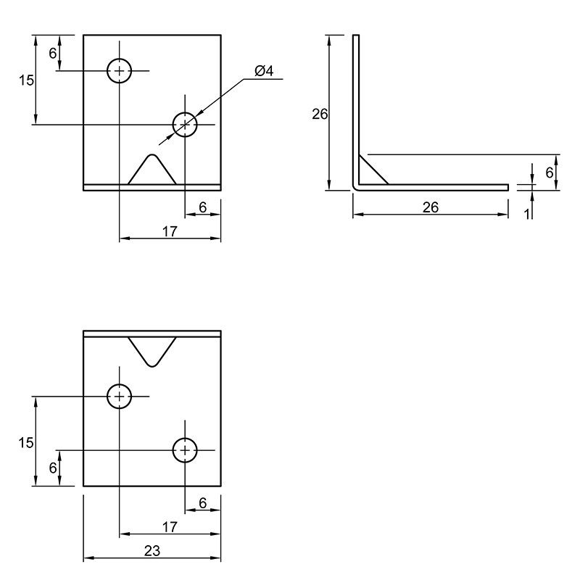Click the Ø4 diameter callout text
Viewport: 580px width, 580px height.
264,70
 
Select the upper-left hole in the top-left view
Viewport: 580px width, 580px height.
119,70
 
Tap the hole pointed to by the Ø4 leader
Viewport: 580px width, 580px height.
185,125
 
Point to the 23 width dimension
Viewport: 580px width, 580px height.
152,551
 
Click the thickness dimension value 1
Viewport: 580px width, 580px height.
527,214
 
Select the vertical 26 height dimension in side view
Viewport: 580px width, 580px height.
320,115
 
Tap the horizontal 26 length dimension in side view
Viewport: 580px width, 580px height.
431,207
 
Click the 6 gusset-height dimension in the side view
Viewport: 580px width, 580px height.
550,173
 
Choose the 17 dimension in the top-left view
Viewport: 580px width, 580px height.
170,232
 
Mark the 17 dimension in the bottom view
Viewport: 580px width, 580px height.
170,527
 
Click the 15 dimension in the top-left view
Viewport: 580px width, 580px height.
26,80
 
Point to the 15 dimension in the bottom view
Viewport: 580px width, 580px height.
26,442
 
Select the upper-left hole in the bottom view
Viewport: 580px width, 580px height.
119,397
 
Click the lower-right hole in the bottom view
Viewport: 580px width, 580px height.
185,450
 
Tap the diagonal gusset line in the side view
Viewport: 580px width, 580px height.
373,169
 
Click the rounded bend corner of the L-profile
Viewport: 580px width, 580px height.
355,188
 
